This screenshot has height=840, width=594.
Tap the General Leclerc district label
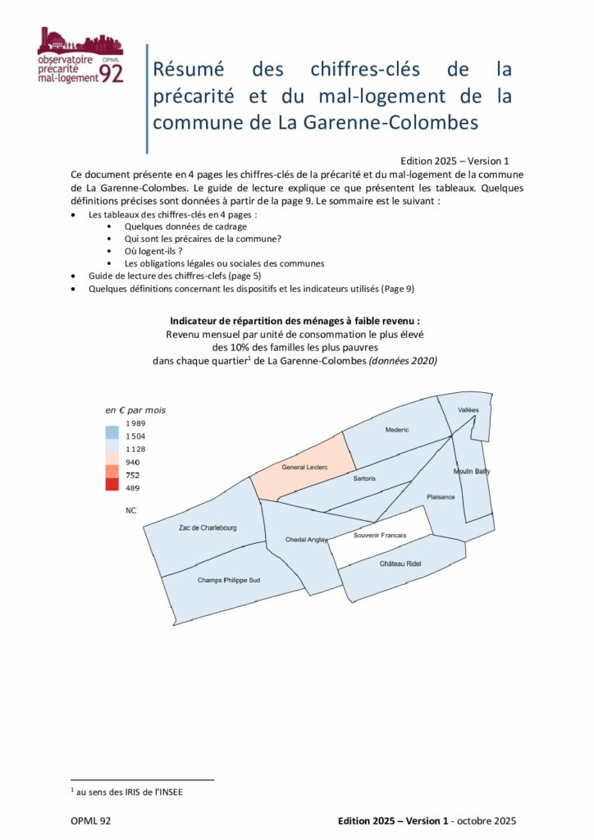pyautogui.click(x=304, y=467)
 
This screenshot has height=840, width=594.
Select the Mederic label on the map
pyautogui.click(x=396, y=429)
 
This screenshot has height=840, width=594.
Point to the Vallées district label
pyautogui.click(x=468, y=409)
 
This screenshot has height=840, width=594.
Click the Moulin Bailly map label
pyautogui.click(x=471, y=472)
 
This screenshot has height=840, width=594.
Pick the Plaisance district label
pyautogui.click(x=441, y=497)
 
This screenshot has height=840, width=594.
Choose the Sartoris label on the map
pyautogui.click(x=363, y=478)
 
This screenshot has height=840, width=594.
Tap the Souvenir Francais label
pyautogui.click(x=380, y=536)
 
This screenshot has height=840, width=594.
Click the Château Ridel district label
pyautogui.click(x=400, y=564)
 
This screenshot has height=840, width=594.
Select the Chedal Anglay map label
pyautogui.click(x=307, y=540)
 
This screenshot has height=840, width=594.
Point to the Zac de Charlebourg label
pyautogui.click(x=208, y=527)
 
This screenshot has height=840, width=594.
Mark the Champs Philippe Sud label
pyautogui.click(x=229, y=580)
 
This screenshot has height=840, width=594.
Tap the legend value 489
pyautogui.click(x=132, y=488)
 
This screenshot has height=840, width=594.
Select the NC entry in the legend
pyautogui.click(x=130, y=510)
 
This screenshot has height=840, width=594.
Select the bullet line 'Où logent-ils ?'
pyautogui.click(x=153, y=250)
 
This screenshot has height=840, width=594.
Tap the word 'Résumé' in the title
pyautogui.click(x=192, y=69)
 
